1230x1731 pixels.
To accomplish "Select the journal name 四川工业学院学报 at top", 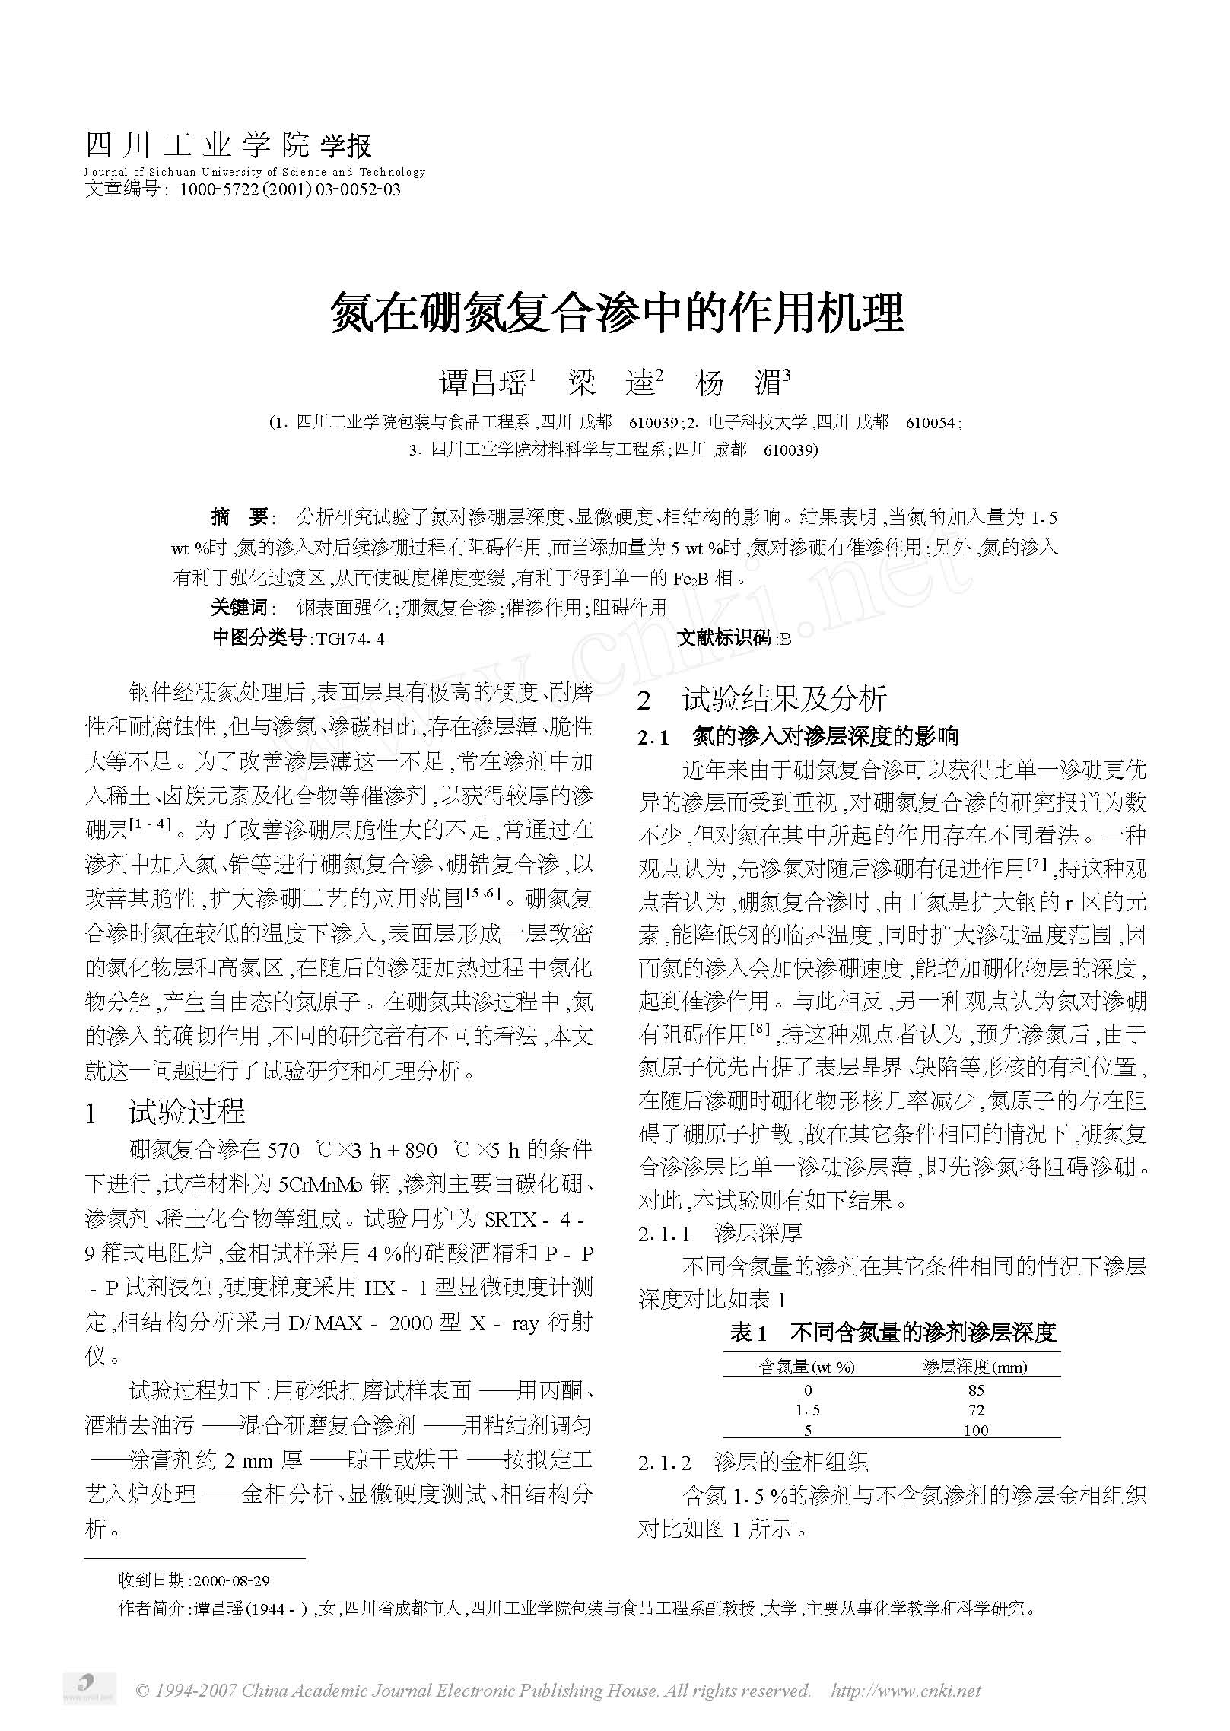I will click(228, 145).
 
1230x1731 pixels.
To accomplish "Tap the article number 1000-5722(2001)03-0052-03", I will click(289, 189).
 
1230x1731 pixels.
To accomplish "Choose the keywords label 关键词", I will click(240, 607).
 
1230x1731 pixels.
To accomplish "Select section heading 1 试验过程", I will click(165, 1112).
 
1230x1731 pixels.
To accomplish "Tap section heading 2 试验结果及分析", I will click(762, 700).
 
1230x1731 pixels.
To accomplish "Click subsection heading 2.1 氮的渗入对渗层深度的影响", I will click(799, 736).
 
